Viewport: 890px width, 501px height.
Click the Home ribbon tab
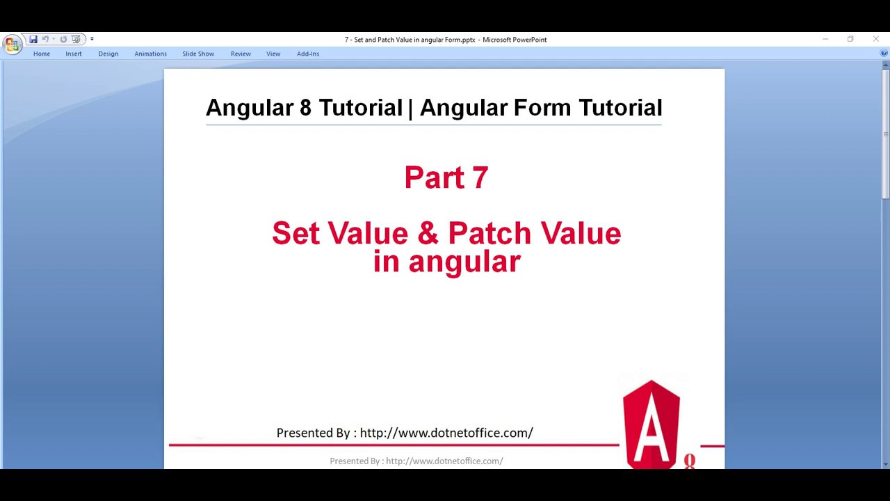[x=42, y=54]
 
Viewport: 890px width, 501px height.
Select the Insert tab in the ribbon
[x=74, y=54]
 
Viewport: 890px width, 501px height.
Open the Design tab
[x=108, y=54]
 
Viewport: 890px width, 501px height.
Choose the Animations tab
[x=151, y=54]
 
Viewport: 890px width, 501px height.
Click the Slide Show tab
[x=198, y=54]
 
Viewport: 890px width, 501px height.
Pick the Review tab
[x=241, y=54]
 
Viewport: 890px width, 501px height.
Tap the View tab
[x=273, y=54]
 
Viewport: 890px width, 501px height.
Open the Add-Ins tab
[x=308, y=54]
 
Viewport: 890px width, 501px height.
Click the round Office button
[x=12, y=45]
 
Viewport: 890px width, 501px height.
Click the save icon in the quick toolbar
[x=33, y=40]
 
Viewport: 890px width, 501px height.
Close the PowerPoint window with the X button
[x=875, y=39]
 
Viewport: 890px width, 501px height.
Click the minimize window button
[x=825, y=39]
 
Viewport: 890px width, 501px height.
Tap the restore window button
[x=850, y=39]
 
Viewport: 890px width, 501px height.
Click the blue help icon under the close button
[x=884, y=53]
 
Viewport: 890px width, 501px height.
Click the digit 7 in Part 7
[x=480, y=177]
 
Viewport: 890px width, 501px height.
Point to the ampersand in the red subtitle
[x=428, y=234]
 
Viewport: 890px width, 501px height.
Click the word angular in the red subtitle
[x=464, y=262]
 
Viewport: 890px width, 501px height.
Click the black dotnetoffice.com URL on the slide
[x=446, y=433]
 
